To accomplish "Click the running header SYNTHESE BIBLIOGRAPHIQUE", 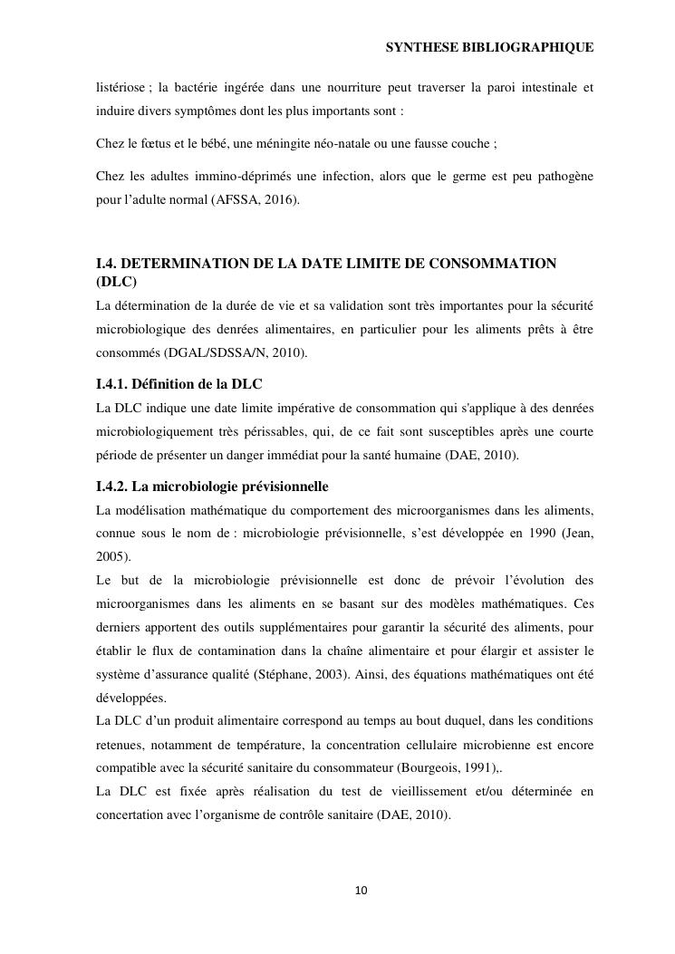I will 489,46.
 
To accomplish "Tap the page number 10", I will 362,891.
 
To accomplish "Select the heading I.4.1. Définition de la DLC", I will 179,384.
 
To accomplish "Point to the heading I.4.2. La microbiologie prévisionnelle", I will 212,487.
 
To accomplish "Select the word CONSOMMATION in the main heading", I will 491,264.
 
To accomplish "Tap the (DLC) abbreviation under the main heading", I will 117,282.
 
